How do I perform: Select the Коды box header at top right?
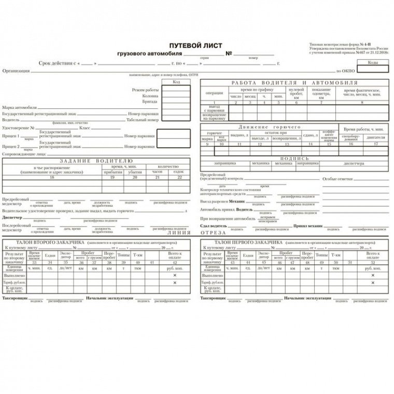tap(372, 62)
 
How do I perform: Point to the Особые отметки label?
tap(337, 179)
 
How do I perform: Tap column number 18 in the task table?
tap(51, 177)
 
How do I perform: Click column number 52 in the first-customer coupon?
tap(373, 263)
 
